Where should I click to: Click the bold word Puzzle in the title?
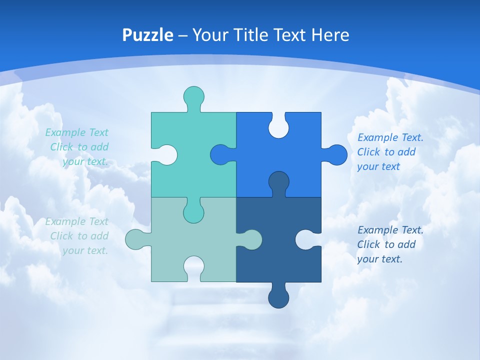click(148, 35)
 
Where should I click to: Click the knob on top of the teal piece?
click(194, 96)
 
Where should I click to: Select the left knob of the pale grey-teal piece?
click(136, 239)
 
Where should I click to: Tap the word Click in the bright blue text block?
click(368, 152)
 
